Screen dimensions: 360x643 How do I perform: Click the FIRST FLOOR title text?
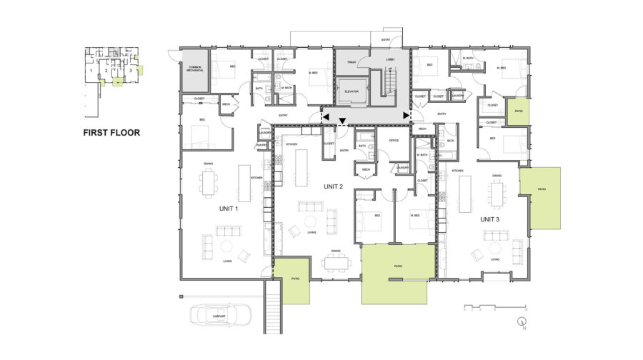[x=111, y=132]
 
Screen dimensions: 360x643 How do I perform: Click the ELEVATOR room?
[x=351, y=91]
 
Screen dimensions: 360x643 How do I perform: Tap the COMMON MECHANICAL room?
[x=195, y=70]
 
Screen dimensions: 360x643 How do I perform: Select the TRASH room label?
[x=352, y=63]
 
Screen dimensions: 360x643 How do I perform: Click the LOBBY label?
[x=390, y=59]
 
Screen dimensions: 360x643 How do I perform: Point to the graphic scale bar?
[x=485, y=307]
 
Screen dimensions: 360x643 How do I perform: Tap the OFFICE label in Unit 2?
[x=393, y=141]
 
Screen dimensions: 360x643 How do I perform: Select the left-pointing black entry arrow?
[x=325, y=115]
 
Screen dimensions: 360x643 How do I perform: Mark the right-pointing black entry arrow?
[x=407, y=115]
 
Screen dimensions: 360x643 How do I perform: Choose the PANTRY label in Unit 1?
[x=262, y=144]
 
